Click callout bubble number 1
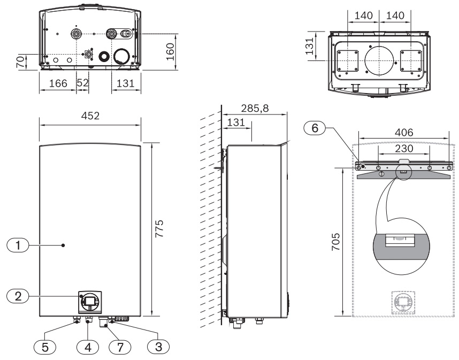(18, 245)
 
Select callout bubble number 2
(18, 296)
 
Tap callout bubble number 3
(158, 347)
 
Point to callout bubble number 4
(88, 347)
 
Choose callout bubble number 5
(45, 347)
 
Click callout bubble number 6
(315, 128)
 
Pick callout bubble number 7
(120, 347)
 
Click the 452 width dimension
(90, 116)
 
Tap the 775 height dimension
(159, 228)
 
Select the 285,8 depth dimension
(255, 108)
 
